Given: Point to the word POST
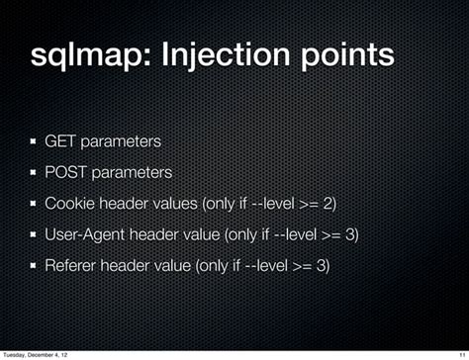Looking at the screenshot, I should (x=65, y=173).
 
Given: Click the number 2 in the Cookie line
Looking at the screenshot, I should (x=329, y=205).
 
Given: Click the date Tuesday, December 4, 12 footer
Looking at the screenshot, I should (x=40, y=352).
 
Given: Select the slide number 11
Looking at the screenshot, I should (x=461, y=352).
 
